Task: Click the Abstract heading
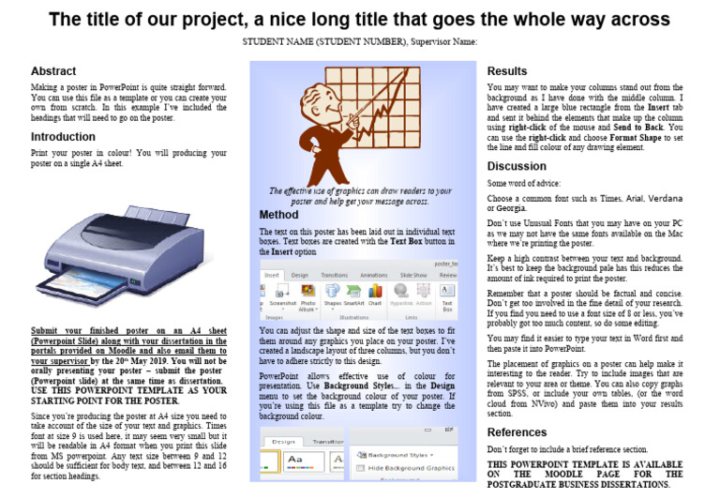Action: click(53, 71)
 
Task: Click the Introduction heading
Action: click(63, 136)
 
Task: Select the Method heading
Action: click(278, 215)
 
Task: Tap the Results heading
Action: click(507, 71)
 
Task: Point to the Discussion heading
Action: click(517, 166)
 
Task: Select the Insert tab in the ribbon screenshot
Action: click(272, 275)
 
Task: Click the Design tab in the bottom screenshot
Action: click(284, 441)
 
